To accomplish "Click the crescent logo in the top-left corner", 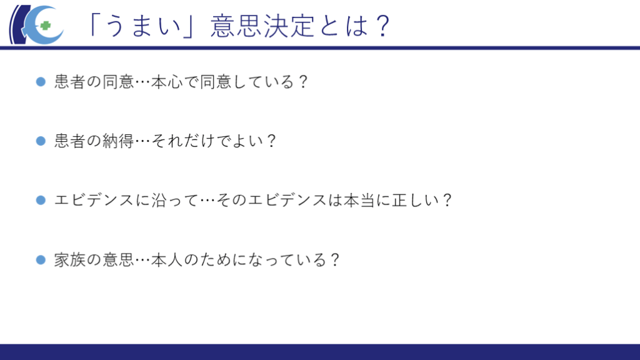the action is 37,24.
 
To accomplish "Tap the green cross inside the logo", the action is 45,26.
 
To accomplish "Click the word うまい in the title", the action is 142,26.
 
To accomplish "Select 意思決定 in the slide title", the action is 262,26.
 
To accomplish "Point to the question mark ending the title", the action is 383,26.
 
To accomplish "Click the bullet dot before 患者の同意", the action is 41,82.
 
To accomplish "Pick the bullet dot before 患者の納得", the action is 41,141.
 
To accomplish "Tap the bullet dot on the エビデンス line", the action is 41,200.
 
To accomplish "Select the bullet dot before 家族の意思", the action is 41,259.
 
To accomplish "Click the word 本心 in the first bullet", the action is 167,82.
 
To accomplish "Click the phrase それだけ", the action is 183,141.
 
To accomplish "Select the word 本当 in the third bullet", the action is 359,200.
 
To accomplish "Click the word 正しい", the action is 416,200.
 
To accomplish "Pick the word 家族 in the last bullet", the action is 70,259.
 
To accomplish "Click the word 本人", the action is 167,259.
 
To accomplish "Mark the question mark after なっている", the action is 335,259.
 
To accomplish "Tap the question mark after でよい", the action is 271,141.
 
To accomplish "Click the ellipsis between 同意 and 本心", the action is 143,82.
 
